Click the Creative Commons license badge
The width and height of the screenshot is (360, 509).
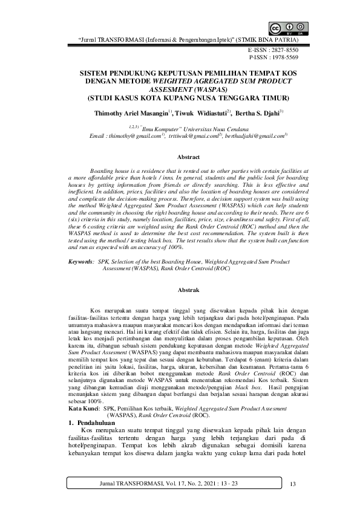[288, 28]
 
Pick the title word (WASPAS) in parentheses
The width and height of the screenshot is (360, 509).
[210, 88]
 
